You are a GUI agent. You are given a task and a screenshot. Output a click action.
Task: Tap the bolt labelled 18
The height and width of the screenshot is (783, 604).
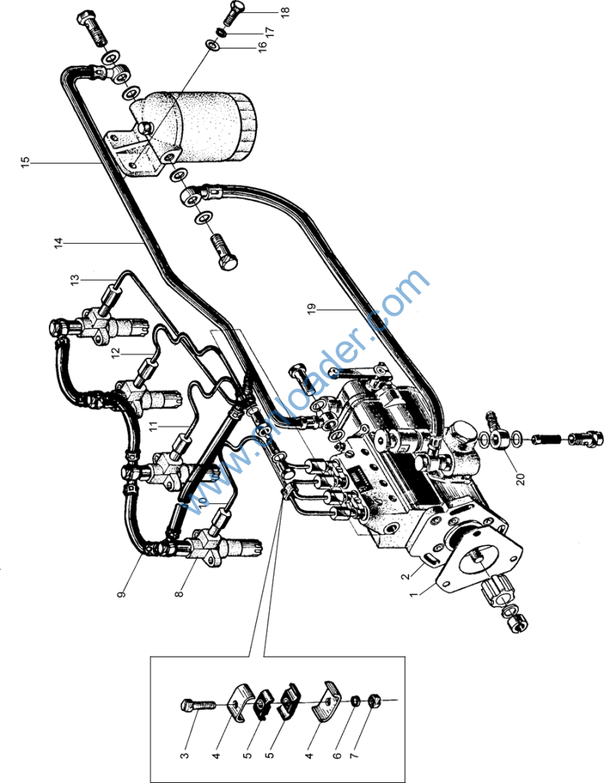239,12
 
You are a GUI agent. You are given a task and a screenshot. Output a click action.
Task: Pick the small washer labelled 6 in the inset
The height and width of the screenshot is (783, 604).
356,700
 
